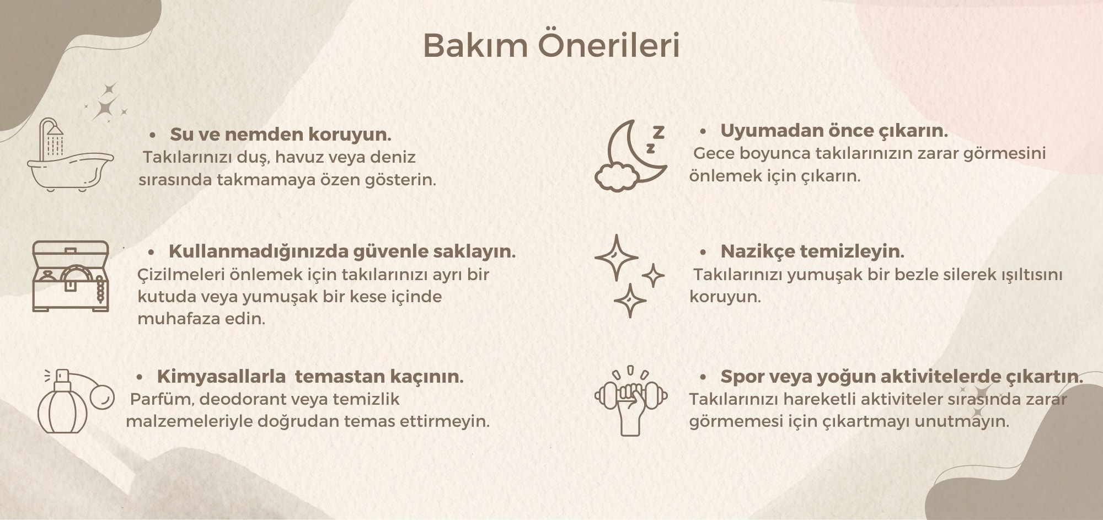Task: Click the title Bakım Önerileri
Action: [551, 45]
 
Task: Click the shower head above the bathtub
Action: [55, 130]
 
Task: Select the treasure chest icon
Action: [71, 276]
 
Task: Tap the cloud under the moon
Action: [616, 176]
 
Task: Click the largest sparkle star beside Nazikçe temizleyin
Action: [616, 258]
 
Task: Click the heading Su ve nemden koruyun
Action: [280, 134]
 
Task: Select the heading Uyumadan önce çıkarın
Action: [834, 131]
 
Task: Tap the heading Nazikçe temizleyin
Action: [812, 251]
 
